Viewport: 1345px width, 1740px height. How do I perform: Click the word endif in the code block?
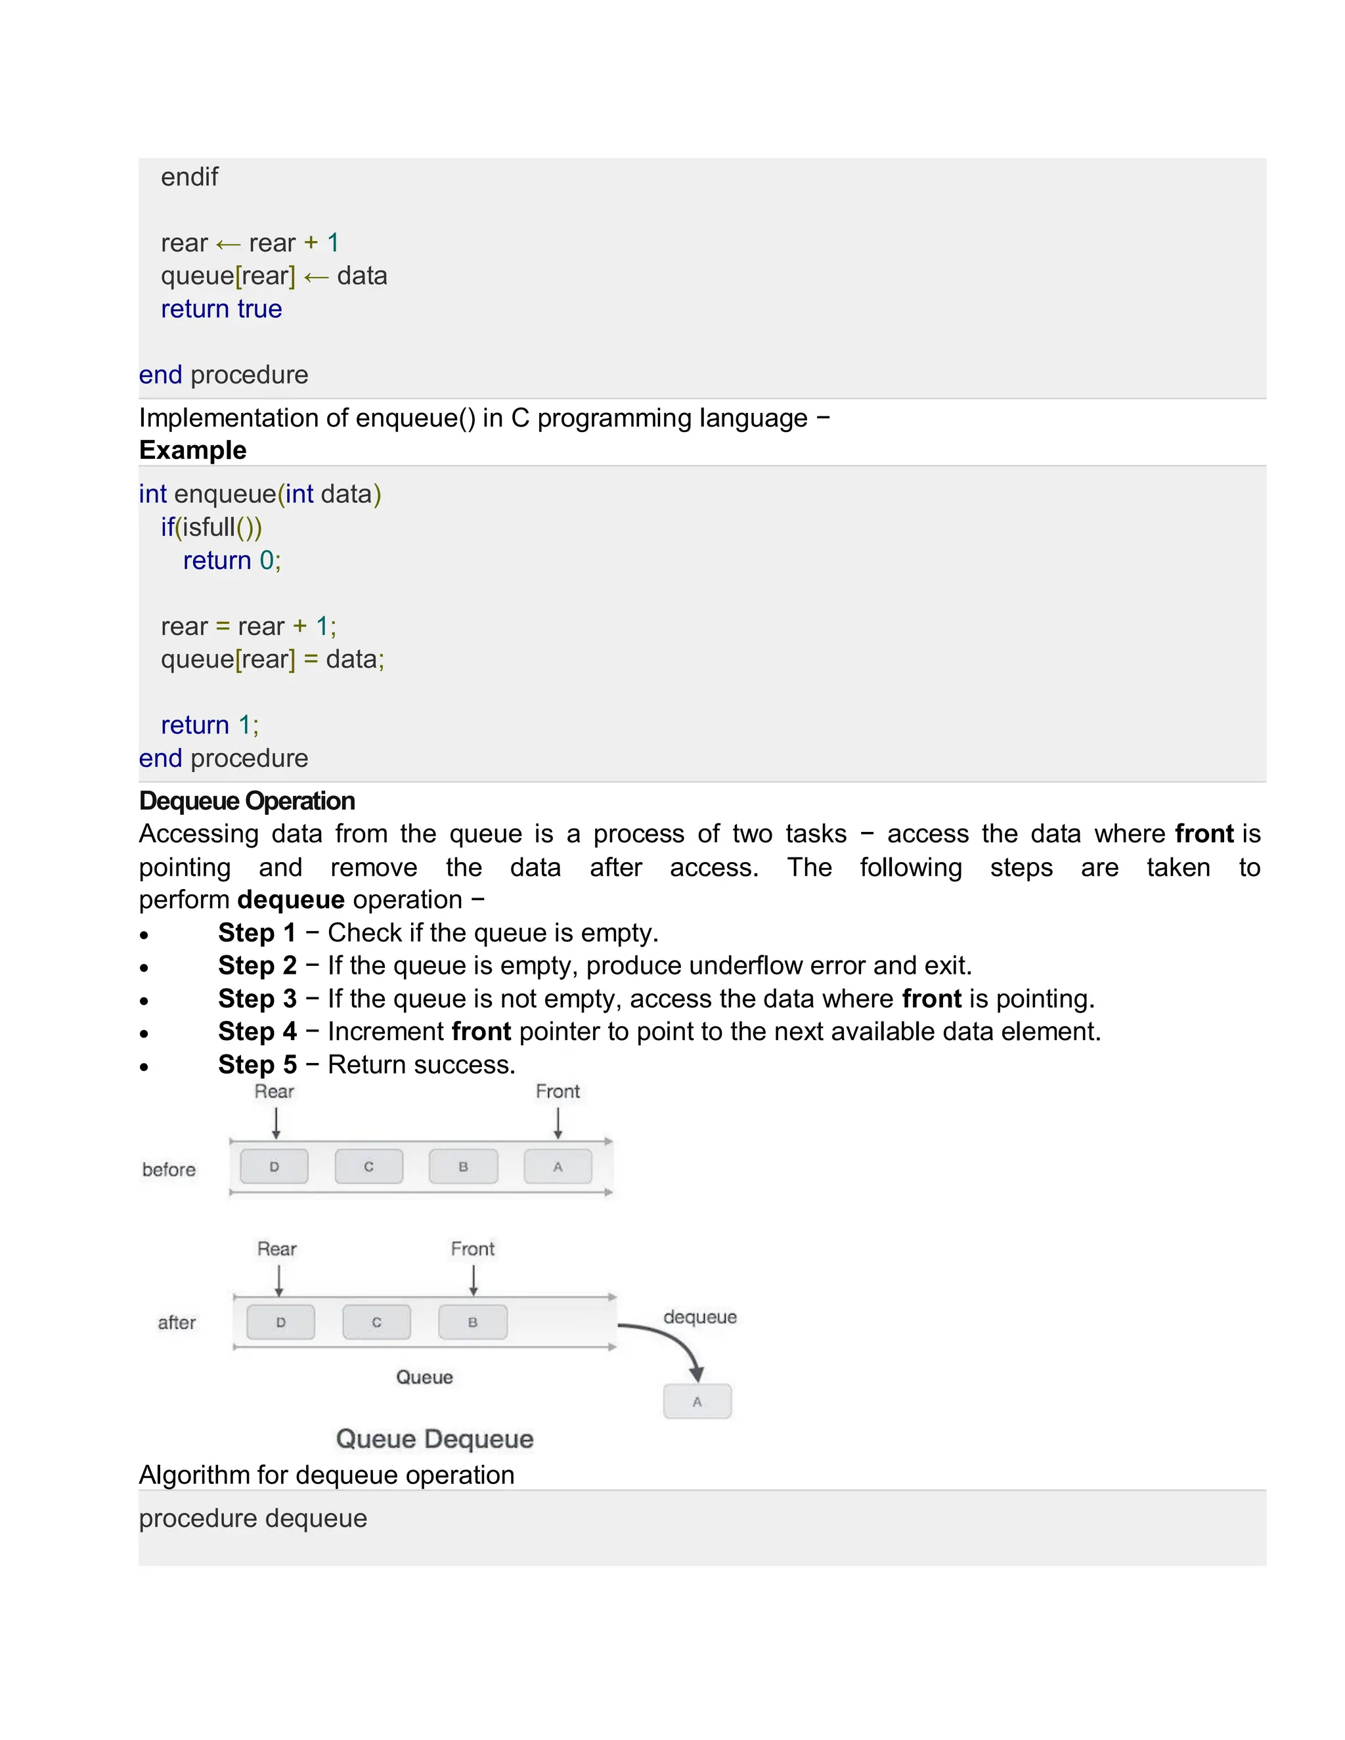[x=189, y=177]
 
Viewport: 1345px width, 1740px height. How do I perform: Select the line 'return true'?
[x=221, y=309]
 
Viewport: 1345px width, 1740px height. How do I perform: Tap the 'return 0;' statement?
[x=231, y=561]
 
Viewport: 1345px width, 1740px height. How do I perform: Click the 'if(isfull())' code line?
[x=211, y=527]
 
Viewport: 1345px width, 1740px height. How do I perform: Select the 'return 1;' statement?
[x=209, y=725]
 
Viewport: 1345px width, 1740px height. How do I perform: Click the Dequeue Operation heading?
[x=246, y=800]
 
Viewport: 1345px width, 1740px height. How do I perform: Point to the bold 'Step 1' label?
[x=257, y=932]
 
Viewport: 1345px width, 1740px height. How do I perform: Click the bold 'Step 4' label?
[x=257, y=1031]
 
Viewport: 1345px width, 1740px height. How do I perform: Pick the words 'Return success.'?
[x=422, y=1064]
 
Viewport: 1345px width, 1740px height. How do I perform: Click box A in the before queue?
[x=558, y=1166]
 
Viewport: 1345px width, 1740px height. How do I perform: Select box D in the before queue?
[x=274, y=1166]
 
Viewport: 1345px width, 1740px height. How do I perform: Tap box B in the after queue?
[x=472, y=1322]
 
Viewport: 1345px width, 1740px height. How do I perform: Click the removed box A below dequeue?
[x=697, y=1401]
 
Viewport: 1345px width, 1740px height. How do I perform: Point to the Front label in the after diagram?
[x=472, y=1248]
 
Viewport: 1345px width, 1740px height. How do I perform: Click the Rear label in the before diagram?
[x=274, y=1091]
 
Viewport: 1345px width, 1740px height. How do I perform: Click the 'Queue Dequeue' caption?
[x=434, y=1439]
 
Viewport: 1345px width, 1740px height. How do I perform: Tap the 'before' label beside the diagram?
[x=169, y=1169]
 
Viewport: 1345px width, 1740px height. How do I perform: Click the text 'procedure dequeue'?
[x=253, y=1519]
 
